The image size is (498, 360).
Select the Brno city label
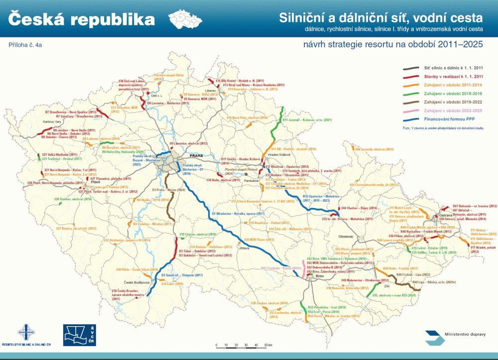(312, 276)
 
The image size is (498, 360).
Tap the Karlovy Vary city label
(55, 121)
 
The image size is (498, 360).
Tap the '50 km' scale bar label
(268, 345)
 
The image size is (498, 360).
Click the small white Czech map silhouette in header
(185, 19)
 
